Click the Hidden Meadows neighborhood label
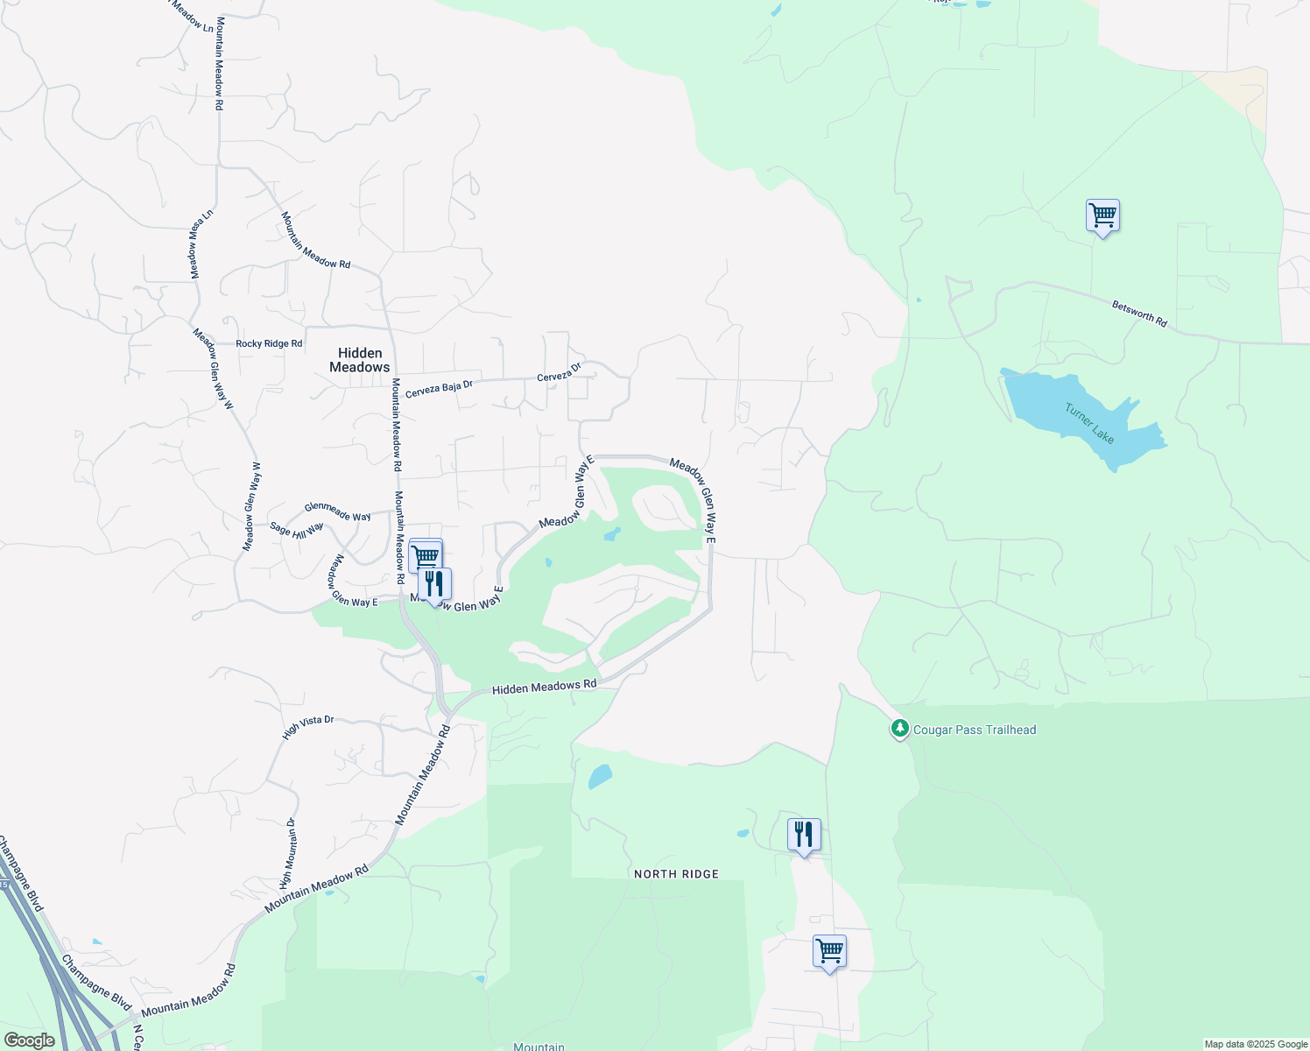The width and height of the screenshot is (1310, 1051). (359, 360)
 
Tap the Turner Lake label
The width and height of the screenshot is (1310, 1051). (1089, 423)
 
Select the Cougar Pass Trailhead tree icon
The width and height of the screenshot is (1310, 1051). (899, 729)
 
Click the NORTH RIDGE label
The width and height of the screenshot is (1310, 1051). (676, 874)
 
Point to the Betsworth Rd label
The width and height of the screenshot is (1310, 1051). (1139, 314)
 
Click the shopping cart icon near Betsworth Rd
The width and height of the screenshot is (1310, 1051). (1102, 215)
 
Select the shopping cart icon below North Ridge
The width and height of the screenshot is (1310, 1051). (829, 951)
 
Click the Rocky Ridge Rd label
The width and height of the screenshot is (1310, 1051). (269, 344)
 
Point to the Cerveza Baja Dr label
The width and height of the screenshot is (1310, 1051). (439, 387)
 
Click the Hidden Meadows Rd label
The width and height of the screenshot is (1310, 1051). (544, 688)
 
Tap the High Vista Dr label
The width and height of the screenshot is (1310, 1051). (308, 727)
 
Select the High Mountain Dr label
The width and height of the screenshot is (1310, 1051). (288, 853)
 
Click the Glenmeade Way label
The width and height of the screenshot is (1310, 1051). (337, 511)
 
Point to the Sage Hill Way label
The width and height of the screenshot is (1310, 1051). (297, 529)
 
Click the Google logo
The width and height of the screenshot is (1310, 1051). (29, 1040)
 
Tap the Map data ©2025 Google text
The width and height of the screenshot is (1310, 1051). (1255, 1044)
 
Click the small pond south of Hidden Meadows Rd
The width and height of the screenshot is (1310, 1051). (600, 776)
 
